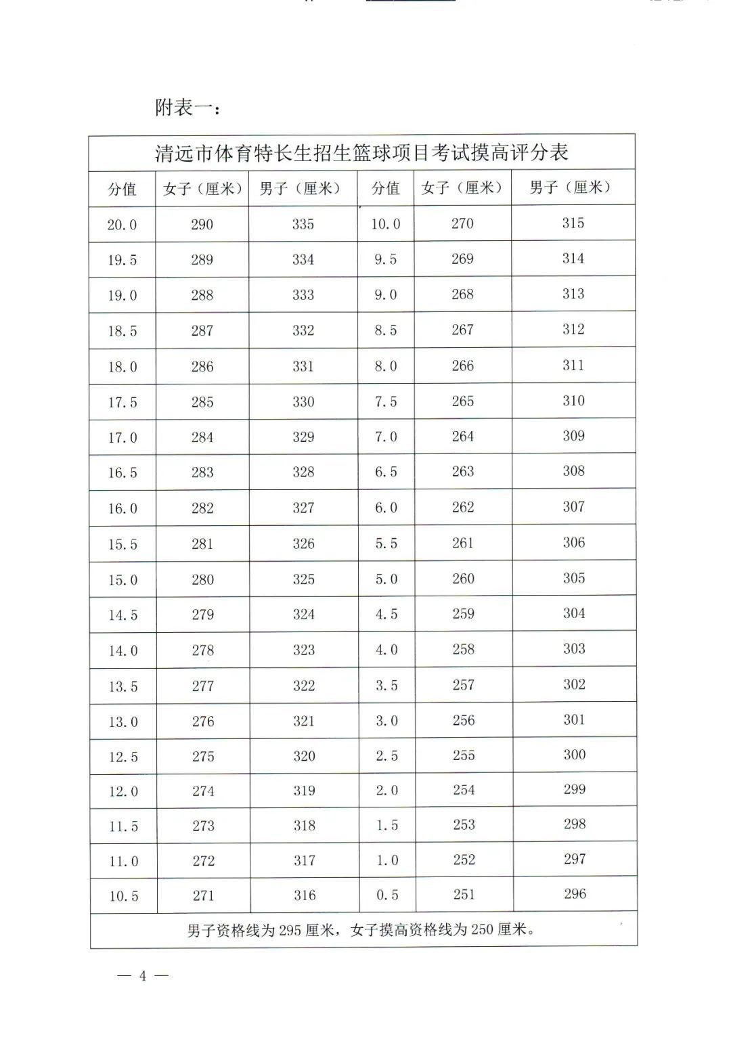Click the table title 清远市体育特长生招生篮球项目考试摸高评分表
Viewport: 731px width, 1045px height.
(x=361, y=153)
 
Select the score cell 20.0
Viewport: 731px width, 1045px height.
(x=122, y=225)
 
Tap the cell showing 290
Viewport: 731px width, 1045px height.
(x=202, y=225)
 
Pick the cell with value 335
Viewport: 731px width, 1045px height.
(x=303, y=224)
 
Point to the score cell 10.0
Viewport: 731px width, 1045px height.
(x=385, y=224)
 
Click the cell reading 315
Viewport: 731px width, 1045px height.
(x=573, y=223)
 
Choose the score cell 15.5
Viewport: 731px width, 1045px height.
(x=123, y=544)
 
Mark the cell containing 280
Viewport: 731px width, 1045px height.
(x=202, y=579)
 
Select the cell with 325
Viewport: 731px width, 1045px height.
(x=303, y=579)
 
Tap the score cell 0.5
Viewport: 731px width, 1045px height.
(x=387, y=895)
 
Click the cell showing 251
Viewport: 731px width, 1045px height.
(x=464, y=894)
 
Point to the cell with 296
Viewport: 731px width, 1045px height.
(x=575, y=893)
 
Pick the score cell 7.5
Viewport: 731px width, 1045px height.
(x=386, y=401)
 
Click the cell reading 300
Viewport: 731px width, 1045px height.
(x=574, y=755)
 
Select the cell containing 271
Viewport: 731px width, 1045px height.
(x=203, y=895)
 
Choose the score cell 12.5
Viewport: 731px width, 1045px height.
(x=123, y=757)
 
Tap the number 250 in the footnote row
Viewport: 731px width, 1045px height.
(x=482, y=930)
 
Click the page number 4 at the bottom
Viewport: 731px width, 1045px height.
(x=143, y=975)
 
